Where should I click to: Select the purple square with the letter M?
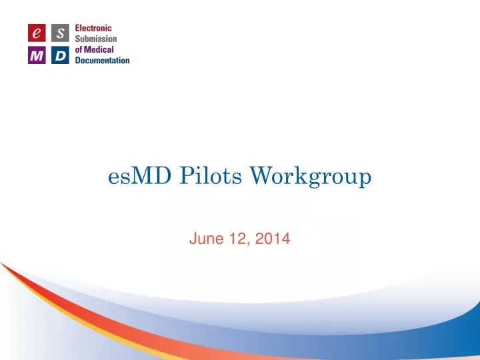tap(36, 55)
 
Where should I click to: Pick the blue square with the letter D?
tap(59, 55)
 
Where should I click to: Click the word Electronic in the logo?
tap(93, 29)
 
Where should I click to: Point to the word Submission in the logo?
tap(95, 39)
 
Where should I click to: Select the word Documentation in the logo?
tap(102, 60)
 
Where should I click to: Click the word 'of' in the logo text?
tap(79, 49)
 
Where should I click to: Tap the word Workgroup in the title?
tap(310, 177)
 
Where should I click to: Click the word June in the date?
tap(205, 237)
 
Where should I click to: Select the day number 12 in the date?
tap(237, 237)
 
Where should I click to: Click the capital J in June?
tap(193, 237)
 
